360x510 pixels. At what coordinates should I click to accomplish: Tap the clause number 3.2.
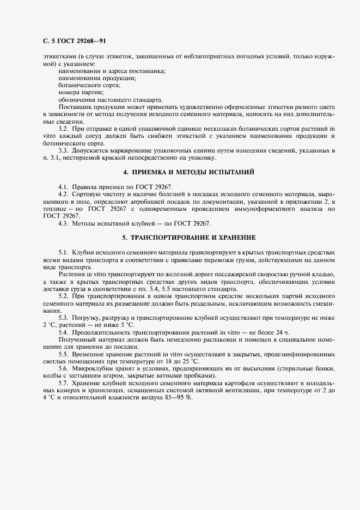(x=63, y=127)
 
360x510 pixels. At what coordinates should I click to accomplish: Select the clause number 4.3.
(x=63, y=223)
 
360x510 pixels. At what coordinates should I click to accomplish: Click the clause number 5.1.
(x=63, y=253)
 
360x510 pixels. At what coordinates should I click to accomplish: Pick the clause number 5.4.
(x=63, y=332)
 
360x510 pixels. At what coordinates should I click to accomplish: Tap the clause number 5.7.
(x=63, y=383)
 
